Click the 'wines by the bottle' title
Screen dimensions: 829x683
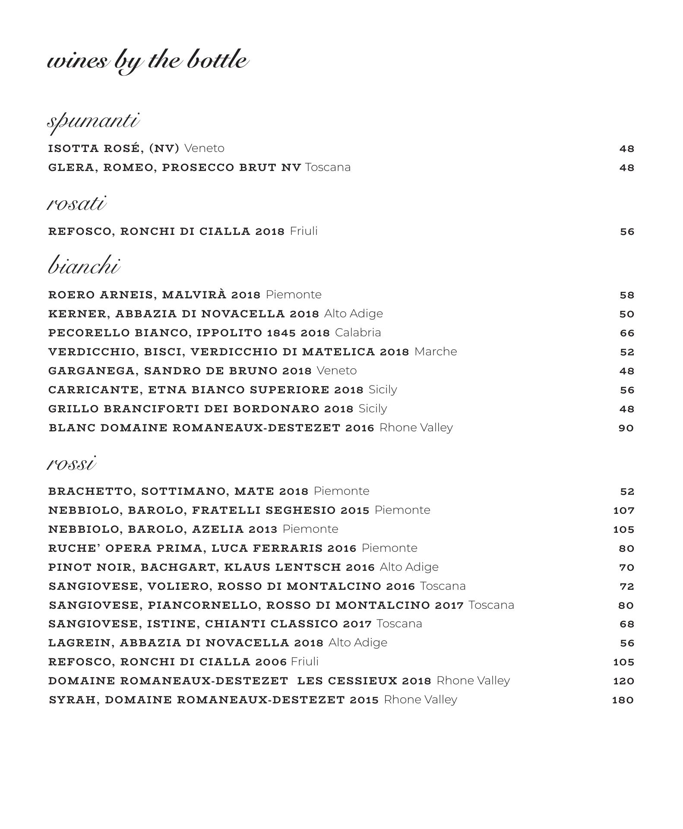point(148,60)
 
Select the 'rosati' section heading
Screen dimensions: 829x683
point(76,203)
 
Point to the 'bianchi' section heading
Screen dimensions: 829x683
point(84,266)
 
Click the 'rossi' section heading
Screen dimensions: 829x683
point(71,464)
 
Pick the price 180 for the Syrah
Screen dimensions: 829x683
point(623,700)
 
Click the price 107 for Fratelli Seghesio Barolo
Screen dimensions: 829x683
point(623,510)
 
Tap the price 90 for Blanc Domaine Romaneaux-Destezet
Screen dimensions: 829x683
point(626,428)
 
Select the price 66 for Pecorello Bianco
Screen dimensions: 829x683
point(626,333)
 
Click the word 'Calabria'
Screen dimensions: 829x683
point(358,332)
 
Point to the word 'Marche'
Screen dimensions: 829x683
point(435,351)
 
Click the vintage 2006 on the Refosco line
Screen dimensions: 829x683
point(271,662)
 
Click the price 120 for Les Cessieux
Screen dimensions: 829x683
point(623,681)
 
